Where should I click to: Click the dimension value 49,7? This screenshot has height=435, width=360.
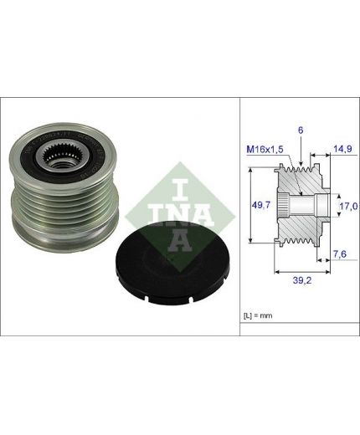[261, 205]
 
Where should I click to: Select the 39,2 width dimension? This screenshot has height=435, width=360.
[302, 280]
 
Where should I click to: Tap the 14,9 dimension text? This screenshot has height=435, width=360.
[342, 149]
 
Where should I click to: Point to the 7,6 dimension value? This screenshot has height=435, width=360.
[340, 254]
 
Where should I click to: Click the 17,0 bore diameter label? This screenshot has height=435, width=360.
[348, 207]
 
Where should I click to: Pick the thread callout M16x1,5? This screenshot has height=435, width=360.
[265, 150]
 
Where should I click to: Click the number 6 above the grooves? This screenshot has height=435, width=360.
[301, 130]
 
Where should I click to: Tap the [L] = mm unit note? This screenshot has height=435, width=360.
[258, 315]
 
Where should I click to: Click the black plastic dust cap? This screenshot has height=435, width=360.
[172, 263]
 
